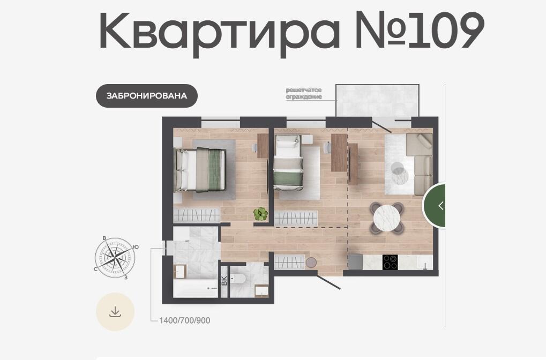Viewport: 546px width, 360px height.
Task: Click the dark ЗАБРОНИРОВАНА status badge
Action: (x=147, y=96)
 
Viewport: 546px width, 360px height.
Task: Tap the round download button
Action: (x=115, y=312)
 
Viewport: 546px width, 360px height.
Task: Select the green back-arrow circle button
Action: (x=435, y=205)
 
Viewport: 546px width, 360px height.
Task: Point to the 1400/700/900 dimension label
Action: (x=184, y=320)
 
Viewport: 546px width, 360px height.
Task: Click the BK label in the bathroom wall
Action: (x=225, y=281)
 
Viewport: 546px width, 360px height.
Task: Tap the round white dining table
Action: (x=386, y=218)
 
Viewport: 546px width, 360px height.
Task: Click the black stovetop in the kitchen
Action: (x=390, y=262)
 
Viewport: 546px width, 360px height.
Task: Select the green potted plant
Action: (x=260, y=214)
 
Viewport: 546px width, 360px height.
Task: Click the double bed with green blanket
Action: (x=200, y=170)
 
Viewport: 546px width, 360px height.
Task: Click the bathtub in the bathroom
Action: (x=197, y=289)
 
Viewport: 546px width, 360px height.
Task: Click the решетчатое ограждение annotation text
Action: (x=304, y=94)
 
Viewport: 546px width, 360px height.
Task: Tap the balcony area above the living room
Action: (x=377, y=100)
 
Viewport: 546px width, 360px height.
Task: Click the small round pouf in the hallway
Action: (x=311, y=262)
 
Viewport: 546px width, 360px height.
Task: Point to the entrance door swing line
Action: (x=328, y=281)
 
